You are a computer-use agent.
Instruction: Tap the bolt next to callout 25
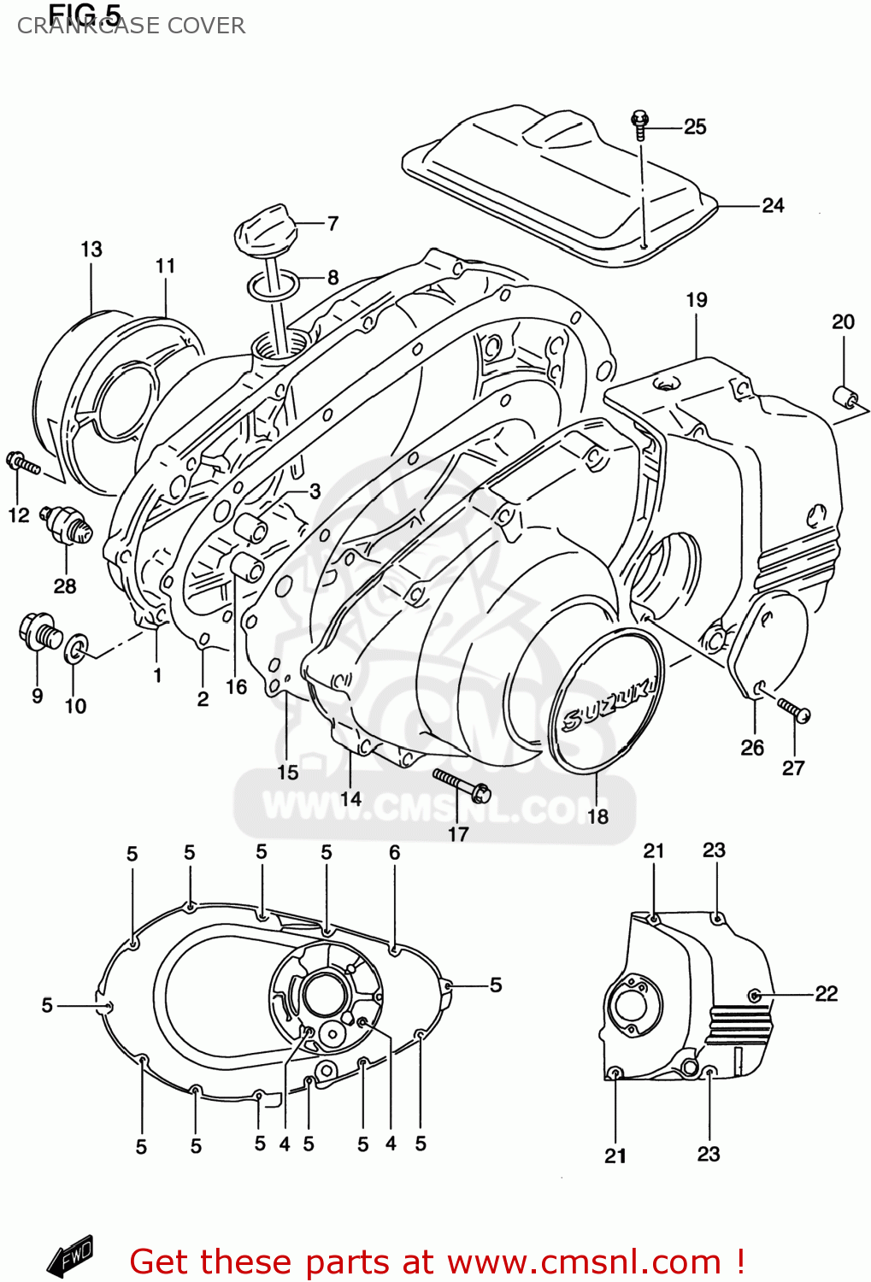(639, 124)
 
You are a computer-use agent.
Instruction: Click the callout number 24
(773, 205)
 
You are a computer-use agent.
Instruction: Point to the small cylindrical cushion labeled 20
(845, 398)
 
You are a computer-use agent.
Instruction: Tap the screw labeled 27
(793, 709)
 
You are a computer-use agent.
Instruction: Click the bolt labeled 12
(22, 463)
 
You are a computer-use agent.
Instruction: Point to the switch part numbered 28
(67, 522)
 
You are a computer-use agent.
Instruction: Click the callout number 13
(91, 250)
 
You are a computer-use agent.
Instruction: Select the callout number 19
(697, 300)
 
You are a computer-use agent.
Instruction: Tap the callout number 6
(394, 852)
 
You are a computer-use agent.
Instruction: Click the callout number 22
(826, 993)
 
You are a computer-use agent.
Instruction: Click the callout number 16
(236, 686)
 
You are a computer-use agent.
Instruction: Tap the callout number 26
(752, 748)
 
